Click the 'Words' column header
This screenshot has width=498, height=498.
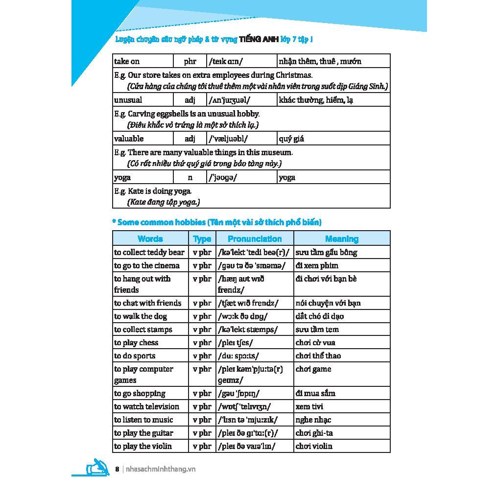(150, 239)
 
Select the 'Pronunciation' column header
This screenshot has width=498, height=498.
(255, 239)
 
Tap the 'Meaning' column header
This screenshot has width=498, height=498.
(341, 239)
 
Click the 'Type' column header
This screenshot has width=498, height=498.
(202, 239)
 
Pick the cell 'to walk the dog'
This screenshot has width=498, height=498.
(141, 316)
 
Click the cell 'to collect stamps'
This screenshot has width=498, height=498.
(143, 330)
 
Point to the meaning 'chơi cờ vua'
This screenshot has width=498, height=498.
(315, 343)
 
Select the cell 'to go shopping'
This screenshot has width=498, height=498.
(140, 394)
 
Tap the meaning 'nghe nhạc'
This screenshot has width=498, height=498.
(313, 420)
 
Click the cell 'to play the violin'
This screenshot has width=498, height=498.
(143, 446)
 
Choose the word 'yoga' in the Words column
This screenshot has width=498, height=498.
(122, 178)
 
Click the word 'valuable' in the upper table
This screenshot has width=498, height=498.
(129, 139)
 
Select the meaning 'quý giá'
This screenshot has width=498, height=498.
(291, 139)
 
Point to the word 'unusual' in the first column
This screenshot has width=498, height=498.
(128, 100)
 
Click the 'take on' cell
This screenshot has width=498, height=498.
(127, 61)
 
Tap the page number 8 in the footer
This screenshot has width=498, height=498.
(117, 469)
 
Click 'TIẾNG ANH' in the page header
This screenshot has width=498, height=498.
(258, 39)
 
